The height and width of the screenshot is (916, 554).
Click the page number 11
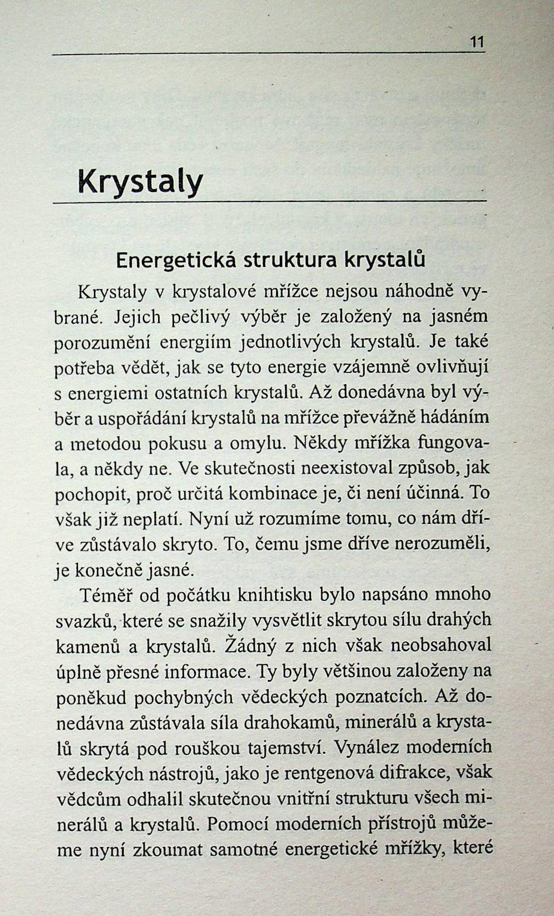[x=477, y=42]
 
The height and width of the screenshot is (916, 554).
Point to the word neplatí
[x=151, y=518]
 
